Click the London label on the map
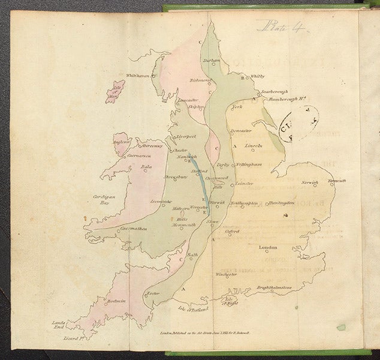point(267,248)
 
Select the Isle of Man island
point(115,92)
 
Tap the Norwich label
point(309,182)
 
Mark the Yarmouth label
point(337,181)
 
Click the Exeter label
point(153,293)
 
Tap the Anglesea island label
point(122,142)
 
